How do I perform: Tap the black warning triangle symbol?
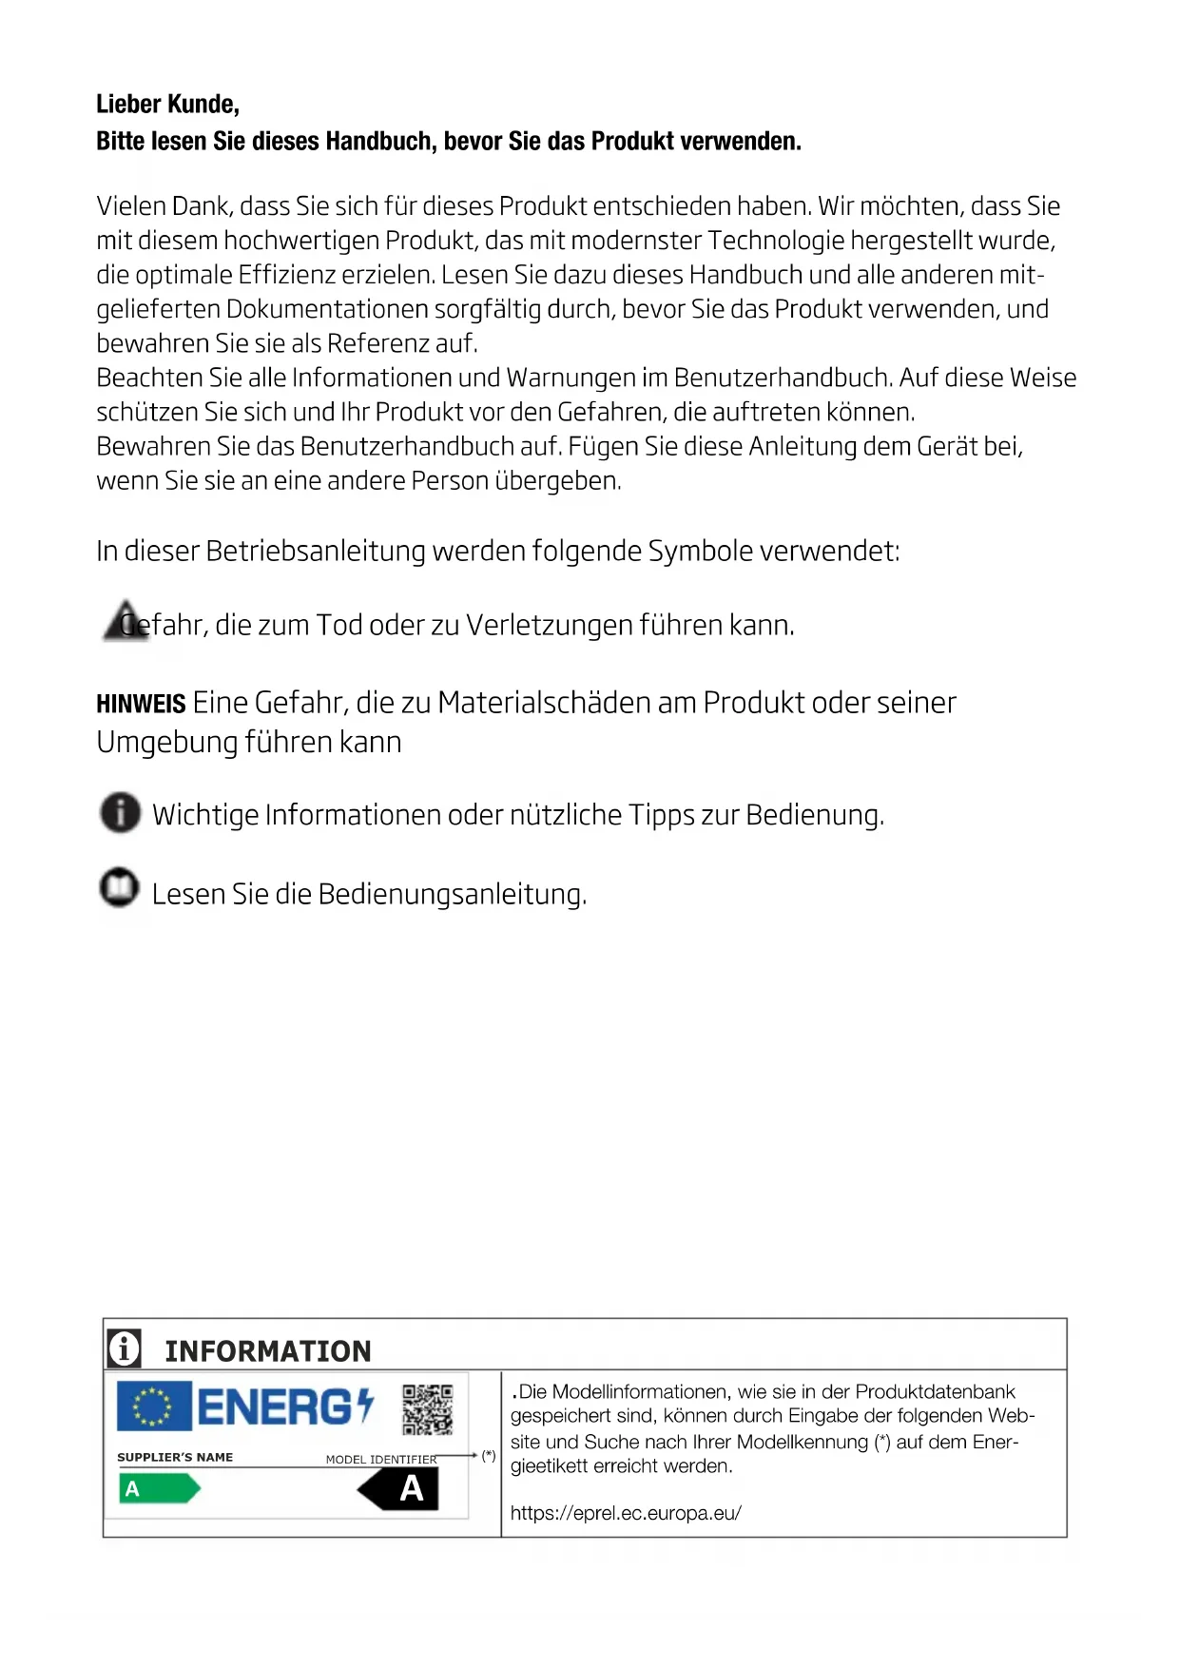click(125, 621)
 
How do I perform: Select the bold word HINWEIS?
click(141, 705)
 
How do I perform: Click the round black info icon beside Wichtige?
click(120, 813)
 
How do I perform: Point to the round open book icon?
click(120, 888)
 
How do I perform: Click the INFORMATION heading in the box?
click(268, 1350)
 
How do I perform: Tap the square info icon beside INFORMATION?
click(125, 1348)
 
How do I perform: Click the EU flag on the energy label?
click(154, 1406)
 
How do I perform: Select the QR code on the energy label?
click(427, 1408)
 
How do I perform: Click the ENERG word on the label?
click(275, 1407)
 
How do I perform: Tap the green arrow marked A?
click(159, 1488)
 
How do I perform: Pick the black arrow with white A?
click(400, 1488)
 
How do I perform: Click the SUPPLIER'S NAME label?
click(175, 1457)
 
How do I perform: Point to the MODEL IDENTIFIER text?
click(381, 1459)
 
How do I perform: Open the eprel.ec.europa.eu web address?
click(626, 1513)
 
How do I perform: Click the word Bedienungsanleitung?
click(452, 895)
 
